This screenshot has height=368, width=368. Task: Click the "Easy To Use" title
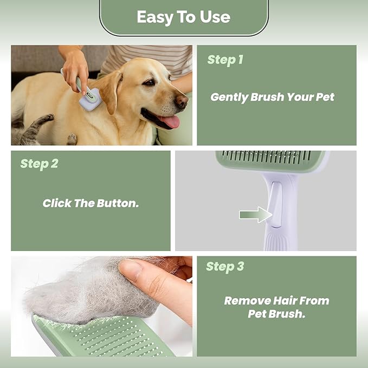coord(184,17)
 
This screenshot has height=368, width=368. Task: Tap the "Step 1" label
coord(225,60)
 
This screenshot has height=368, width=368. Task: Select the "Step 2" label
coord(39,164)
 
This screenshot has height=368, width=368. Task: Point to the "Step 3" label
coord(225,267)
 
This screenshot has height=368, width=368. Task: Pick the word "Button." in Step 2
coord(118,203)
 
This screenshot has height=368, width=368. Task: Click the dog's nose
coord(182,101)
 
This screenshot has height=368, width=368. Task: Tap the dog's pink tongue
coord(170,121)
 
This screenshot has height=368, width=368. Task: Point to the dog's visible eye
coord(150,82)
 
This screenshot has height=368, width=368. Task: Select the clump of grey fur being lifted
coord(92,293)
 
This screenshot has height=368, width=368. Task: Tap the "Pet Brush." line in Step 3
coord(277,314)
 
